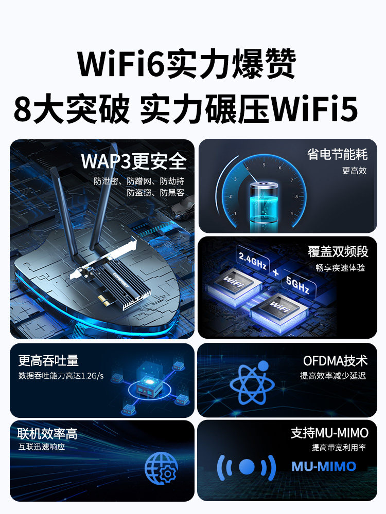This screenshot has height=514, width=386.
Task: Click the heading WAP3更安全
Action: [x=133, y=162]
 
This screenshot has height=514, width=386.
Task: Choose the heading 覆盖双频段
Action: [x=338, y=251]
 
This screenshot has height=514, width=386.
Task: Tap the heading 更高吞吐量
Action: [x=48, y=360]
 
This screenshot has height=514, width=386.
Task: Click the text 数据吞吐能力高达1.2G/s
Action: [x=61, y=376]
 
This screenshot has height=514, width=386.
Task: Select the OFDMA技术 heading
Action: [x=335, y=361]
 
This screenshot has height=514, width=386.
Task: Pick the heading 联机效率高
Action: [x=47, y=434]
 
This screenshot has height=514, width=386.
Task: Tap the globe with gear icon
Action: [x=161, y=468]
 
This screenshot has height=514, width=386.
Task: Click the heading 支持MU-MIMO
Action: [x=329, y=433]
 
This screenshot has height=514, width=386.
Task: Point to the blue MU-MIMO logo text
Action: [x=324, y=466]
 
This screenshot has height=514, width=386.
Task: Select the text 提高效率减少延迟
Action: [x=332, y=376]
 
